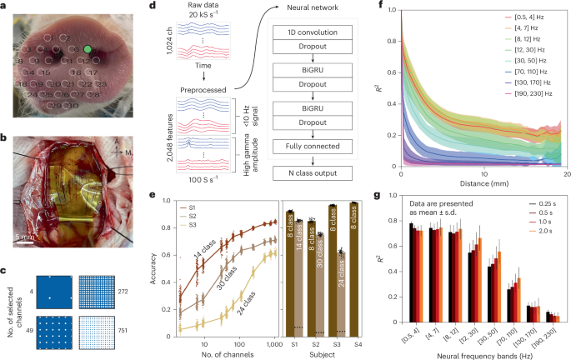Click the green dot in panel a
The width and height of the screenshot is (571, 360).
88,50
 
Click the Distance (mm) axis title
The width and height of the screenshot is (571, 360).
483,186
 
